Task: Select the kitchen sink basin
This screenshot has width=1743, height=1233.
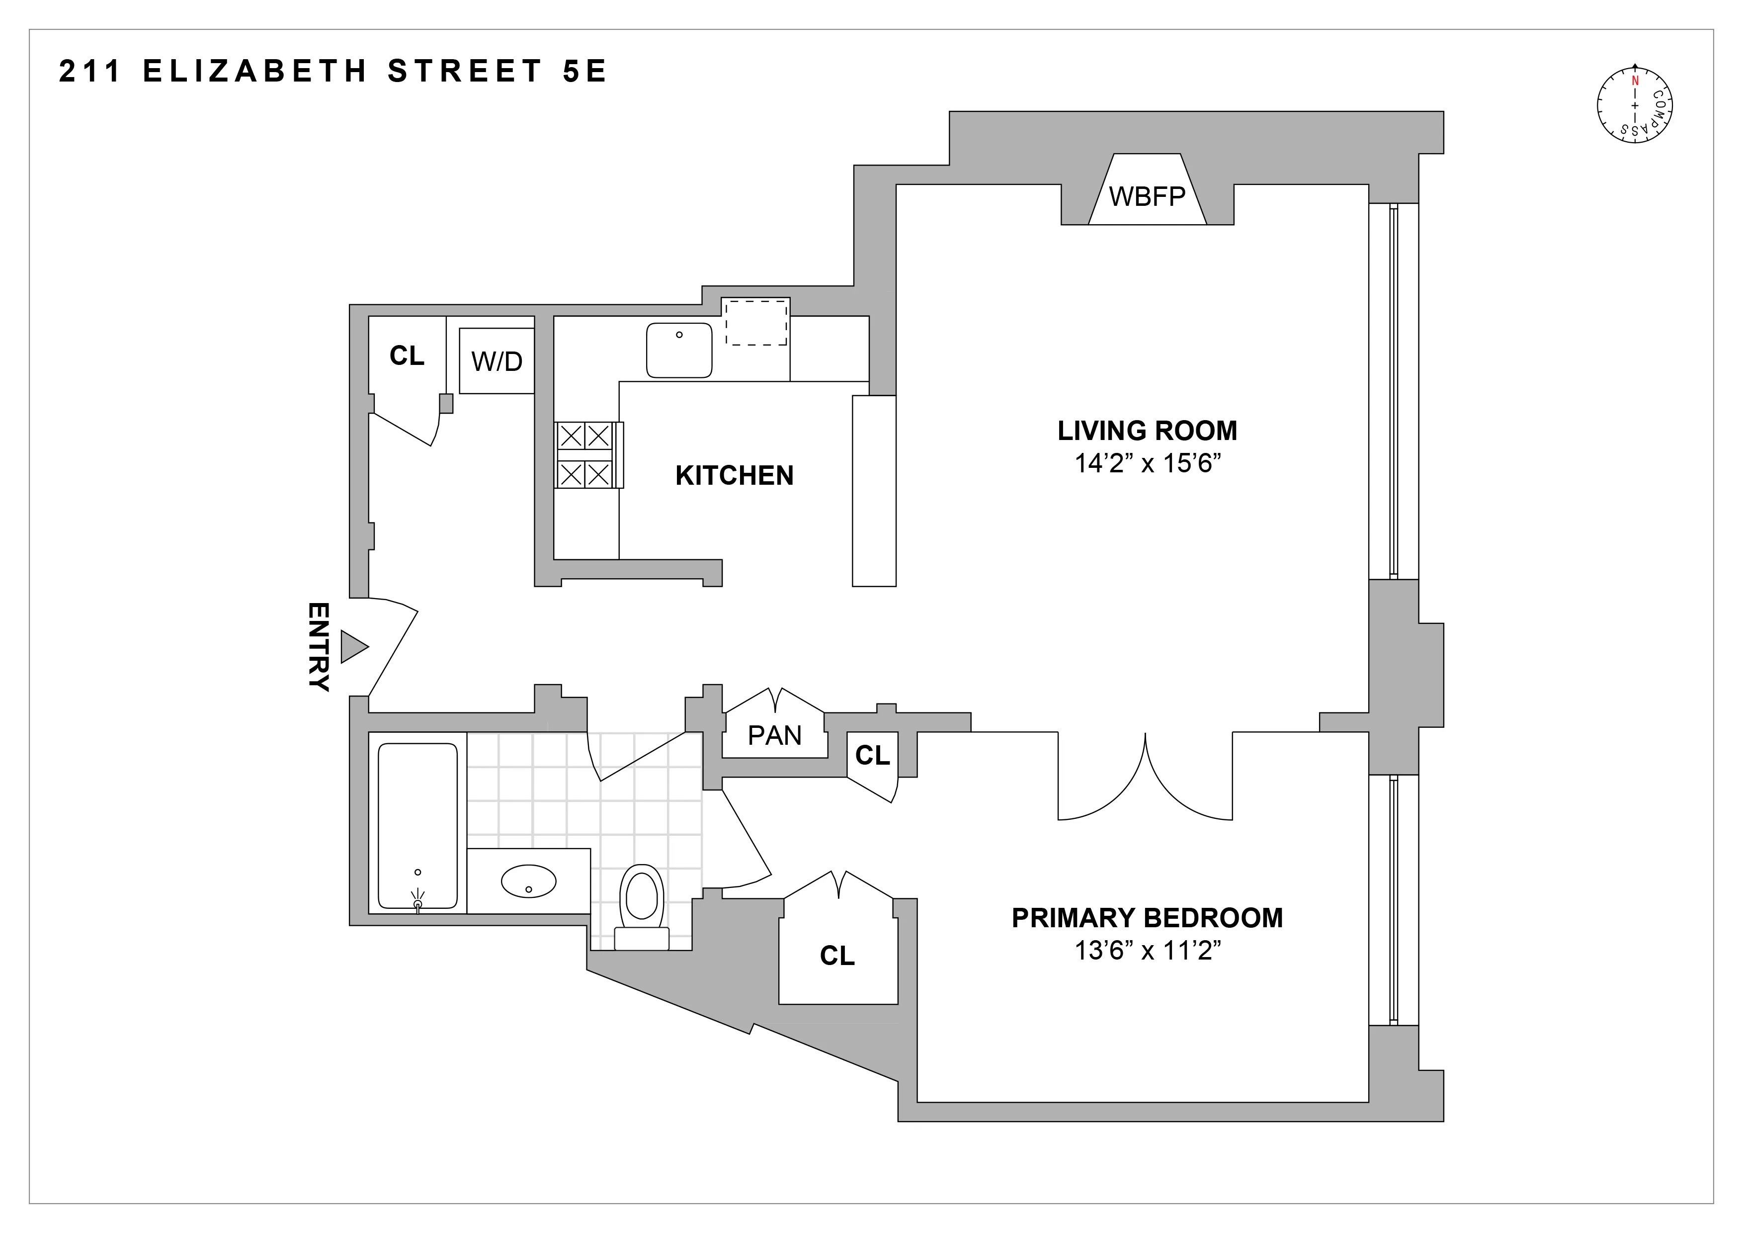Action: coord(679,350)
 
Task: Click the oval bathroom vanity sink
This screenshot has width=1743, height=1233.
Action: coord(528,881)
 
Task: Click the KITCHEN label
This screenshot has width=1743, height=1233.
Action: coord(734,475)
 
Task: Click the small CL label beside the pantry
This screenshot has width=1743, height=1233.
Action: coord(872,755)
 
